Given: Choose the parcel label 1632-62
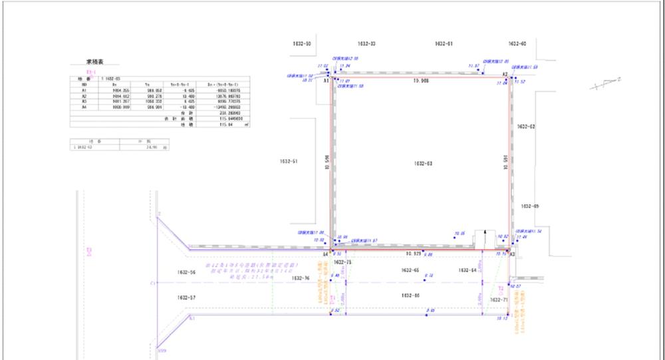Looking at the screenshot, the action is pos(526,126).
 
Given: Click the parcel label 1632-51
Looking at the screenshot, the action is pos(290,161).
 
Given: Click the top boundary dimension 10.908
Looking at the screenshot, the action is pos(422,81).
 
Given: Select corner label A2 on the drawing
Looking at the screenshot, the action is pos(505,74).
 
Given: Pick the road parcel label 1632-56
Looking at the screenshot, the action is pos(187,273).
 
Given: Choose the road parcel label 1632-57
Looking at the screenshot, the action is pos(187,296).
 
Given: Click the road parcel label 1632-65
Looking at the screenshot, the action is pos(412,270).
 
